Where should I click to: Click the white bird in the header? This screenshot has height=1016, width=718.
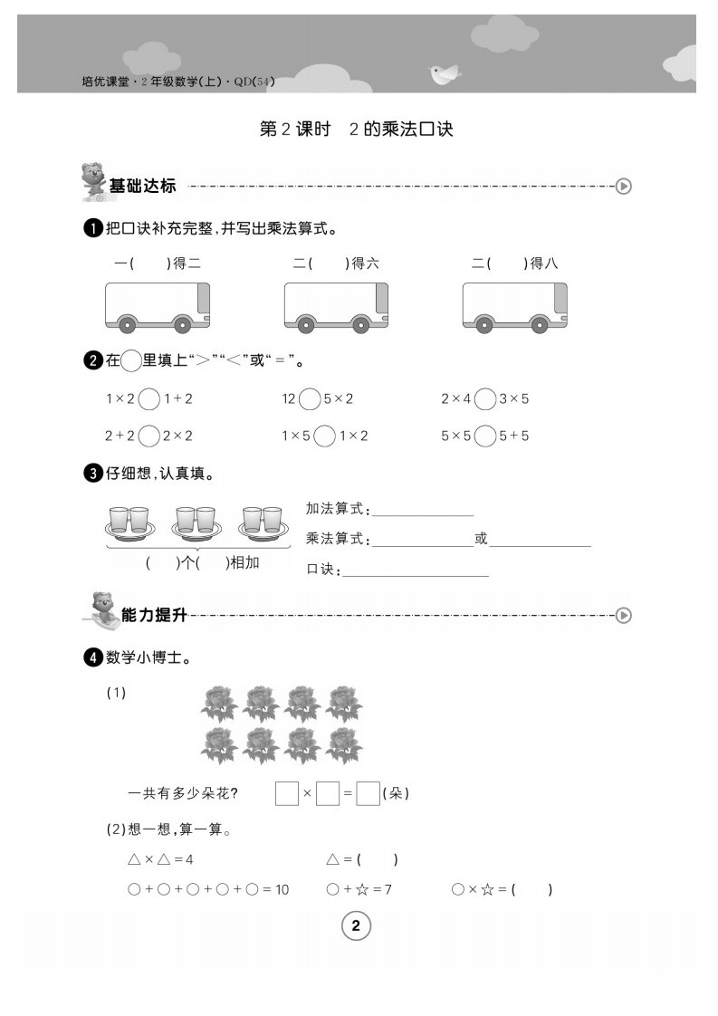click(445, 74)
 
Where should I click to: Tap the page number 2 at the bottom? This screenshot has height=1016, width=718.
click(356, 925)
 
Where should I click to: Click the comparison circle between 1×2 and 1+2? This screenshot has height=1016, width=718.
click(149, 399)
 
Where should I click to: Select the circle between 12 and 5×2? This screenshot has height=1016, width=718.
click(310, 399)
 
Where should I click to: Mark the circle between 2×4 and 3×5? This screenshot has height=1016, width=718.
click(484, 399)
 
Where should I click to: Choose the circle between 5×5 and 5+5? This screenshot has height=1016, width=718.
click(484, 436)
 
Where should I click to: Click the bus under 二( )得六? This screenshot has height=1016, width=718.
click(336, 307)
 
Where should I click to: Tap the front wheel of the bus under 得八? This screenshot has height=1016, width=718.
click(539, 324)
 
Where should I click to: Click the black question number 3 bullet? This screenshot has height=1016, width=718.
click(92, 474)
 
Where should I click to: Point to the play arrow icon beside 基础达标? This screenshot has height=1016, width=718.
click(624, 187)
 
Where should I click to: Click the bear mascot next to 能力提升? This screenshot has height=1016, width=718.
click(101, 609)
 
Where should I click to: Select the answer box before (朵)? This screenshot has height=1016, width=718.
click(369, 794)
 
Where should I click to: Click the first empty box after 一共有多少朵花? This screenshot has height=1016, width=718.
click(286, 794)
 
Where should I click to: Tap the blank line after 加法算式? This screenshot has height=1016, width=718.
click(423, 516)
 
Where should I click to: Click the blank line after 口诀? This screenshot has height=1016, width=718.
click(416, 575)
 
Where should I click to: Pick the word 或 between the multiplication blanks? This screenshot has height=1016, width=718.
click(481, 539)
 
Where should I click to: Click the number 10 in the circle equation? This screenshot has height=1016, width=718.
click(282, 890)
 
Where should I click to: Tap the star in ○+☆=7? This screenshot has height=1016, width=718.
click(361, 889)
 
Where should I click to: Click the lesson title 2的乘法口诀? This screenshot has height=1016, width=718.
click(400, 129)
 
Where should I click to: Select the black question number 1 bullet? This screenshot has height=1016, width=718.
click(92, 228)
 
